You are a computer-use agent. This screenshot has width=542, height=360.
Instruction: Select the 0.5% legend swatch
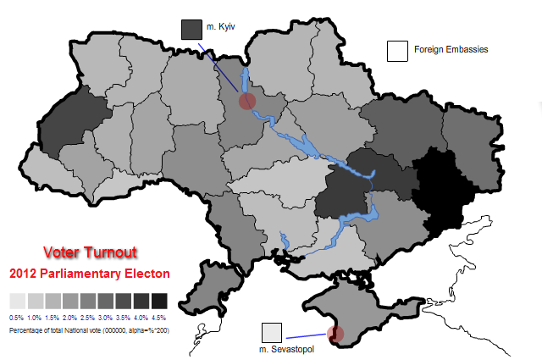(x=17, y=301)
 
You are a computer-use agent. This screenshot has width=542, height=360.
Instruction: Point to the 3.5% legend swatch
(x=124, y=301)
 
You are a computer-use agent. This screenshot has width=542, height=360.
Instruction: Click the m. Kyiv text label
(x=220, y=28)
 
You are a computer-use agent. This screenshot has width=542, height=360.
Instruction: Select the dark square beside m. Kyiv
(x=192, y=30)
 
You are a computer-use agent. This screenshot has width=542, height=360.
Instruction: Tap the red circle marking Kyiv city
(x=246, y=102)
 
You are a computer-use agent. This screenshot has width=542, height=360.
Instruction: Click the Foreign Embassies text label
(x=451, y=50)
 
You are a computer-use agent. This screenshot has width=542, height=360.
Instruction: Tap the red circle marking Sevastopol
(x=336, y=335)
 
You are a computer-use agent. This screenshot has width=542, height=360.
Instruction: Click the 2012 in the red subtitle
(x=23, y=274)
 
